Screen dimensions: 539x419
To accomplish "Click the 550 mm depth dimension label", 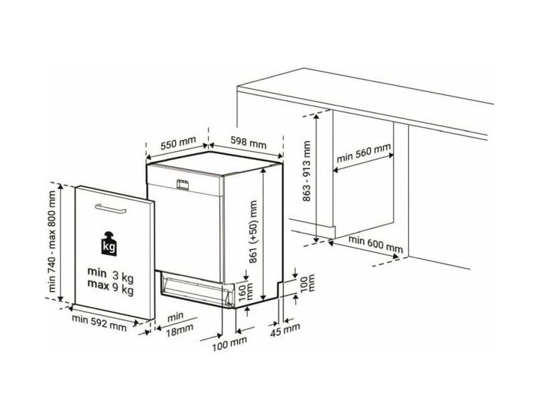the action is point(178,143).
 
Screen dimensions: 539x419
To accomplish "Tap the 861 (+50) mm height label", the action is point(253,231).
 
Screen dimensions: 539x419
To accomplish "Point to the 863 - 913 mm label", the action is point(306,171).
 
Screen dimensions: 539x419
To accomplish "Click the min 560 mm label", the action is point(364,153).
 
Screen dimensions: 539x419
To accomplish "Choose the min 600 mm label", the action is point(376,244).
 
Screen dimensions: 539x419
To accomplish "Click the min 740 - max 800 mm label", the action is point(52,241).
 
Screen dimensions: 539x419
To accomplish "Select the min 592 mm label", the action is point(99,322).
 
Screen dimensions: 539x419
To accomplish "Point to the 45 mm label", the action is point(285,330).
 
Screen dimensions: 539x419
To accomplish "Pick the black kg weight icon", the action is point(109,243).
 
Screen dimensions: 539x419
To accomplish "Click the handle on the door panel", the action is point(111,209).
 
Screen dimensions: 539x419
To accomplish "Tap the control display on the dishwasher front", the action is point(182,184).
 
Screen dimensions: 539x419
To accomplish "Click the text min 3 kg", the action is point(110,274).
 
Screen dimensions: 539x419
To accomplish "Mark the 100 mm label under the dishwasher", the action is point(229,343).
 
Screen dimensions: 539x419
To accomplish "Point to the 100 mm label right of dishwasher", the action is point(308,283).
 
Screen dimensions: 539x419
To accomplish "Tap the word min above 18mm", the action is point(175,316).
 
